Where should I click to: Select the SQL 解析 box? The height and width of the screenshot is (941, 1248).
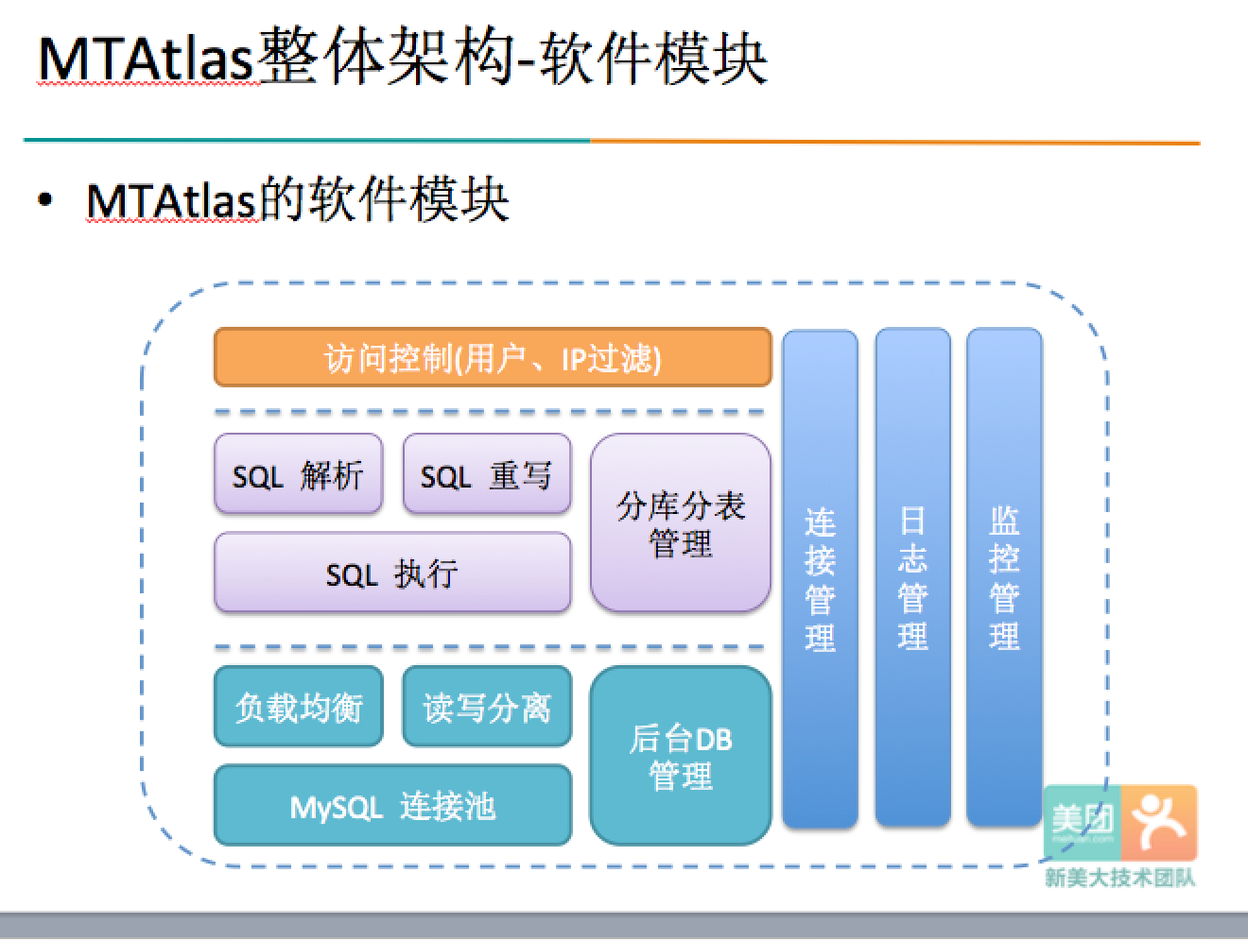coord(298,474)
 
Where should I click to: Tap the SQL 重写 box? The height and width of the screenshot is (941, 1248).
coord(486,474)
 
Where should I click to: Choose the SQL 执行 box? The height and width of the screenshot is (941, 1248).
coord(392,573)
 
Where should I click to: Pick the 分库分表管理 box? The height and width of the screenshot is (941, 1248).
coord(681,522)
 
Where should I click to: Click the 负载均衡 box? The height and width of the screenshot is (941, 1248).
coord(298,707)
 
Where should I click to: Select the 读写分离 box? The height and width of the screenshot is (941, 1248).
coord(486,707)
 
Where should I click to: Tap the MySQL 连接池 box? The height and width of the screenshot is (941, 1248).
coord(392,806)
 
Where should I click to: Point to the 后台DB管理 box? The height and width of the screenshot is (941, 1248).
coord(681,756)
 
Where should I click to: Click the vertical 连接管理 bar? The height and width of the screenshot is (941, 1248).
coord(820,578)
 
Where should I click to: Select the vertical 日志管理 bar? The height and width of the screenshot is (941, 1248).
coord(911,578)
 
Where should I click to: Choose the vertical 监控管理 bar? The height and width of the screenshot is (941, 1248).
coord(1004,578)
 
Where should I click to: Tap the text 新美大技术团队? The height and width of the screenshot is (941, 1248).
coord(1119,879)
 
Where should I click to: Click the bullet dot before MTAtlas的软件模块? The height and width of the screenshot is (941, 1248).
coord(44,200)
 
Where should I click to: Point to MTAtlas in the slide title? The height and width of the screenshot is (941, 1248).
coord(147,59)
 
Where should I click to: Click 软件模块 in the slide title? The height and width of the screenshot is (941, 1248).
coord(652,59)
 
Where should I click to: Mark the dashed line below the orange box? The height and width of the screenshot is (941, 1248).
coord(489,412)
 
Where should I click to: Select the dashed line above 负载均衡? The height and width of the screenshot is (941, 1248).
coord(489,647)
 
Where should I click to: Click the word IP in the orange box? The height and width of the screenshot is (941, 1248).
coord(573,359)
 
